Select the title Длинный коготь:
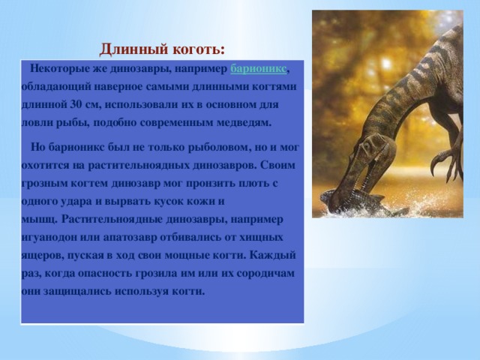(162, 49)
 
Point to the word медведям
(244, 121)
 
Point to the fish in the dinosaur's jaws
(352, 201)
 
